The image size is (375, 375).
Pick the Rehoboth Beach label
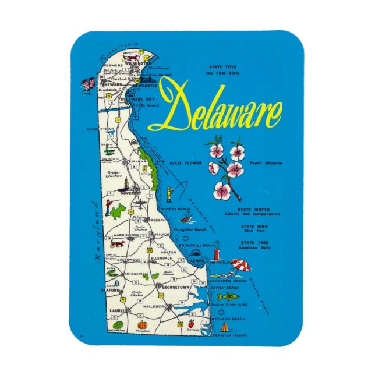point(228,280)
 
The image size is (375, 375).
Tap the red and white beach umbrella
point(240,266)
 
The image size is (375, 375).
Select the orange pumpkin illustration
point(141,324)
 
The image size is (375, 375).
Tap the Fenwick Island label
point(229,335)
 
